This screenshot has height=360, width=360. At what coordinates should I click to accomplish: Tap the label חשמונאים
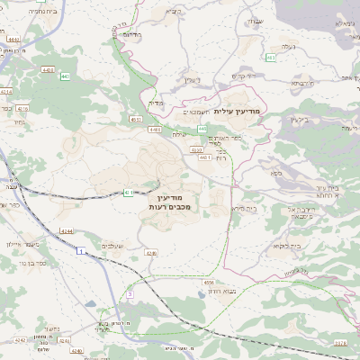pyautogui.click(x=197, y=112)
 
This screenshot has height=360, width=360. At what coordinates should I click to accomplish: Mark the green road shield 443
pyautogui.click(x=271, y=57)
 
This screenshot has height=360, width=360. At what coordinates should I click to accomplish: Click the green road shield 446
pyautogui.click(x=202, y=129)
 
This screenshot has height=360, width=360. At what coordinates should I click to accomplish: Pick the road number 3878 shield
pyautogui.click(x=339, y=343)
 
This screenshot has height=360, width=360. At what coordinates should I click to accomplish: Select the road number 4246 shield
pyautogui.click(x=150, y=254)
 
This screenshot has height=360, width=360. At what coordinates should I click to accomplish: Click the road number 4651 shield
pyautogui.click(x=136, y=118)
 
